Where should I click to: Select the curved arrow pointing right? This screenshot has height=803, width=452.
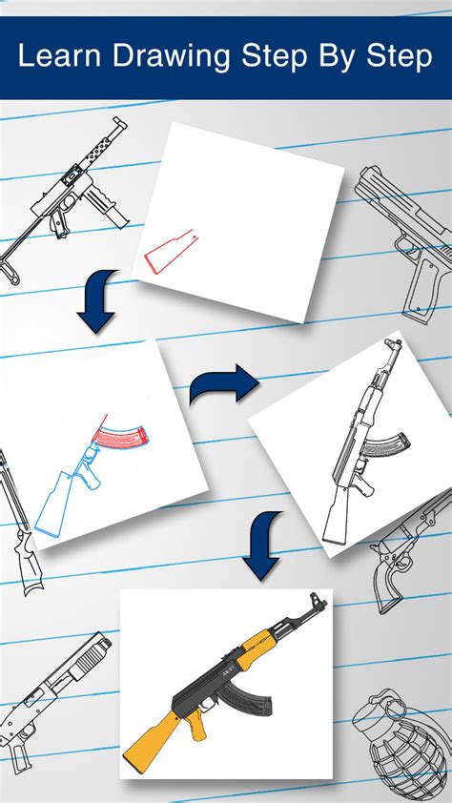[x=223, y=386]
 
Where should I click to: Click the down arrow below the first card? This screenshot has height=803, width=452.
[x=97, y=302]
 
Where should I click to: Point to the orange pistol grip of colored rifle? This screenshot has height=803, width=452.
[x=196, y=725]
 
